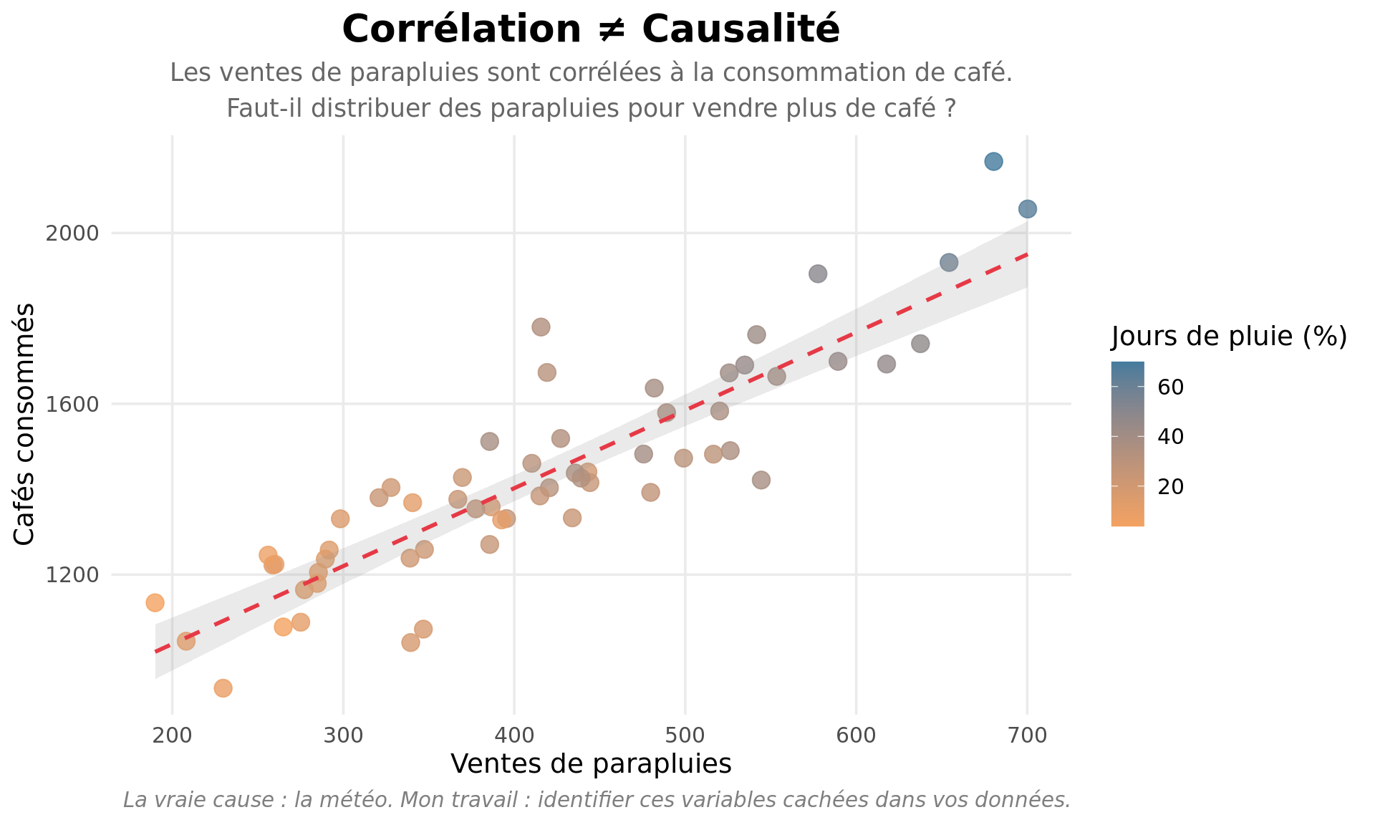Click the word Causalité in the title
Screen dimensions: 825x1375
(x=740, y=30)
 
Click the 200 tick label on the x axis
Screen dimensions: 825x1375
(x=172, y=735)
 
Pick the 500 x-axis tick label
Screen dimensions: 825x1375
(x=685, y=735)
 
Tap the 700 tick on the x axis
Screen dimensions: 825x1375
(x=1028, y=735)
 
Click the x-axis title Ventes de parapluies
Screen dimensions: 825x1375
(x=591, y=764)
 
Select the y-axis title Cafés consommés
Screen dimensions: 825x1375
(x=24, y=424)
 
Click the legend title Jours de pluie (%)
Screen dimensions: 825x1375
(x=1229, y=336)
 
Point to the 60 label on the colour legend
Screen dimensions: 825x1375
(x=1171, y=387)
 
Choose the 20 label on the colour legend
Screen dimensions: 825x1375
(x=1171, y=487)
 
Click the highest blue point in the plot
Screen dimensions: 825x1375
(x=993, y=161)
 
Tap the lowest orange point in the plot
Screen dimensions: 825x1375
(x=223, y=688)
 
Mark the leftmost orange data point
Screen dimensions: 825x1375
(x=155, y=602)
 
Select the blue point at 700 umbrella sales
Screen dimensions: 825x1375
(x=1028, y=209)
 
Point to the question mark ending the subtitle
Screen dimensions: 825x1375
(x=950, y=109)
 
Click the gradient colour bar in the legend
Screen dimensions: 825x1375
(x=1127, y=444)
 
